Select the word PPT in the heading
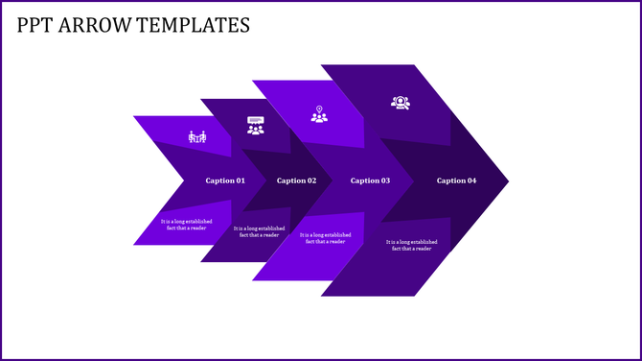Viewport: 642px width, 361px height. point(34,25)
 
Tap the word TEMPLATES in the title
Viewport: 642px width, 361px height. point(193,25)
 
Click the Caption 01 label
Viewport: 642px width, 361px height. point(225,180)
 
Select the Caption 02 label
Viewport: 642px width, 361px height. point(296,180)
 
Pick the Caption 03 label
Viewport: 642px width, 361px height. point(371,180)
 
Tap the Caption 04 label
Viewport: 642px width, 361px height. point(456,180)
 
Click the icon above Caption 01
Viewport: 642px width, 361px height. point(196,137)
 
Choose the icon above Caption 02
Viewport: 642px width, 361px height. point(255,126)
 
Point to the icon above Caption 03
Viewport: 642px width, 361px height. point(319,114)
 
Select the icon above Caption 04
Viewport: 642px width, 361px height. point(400,103)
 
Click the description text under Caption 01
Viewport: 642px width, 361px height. point(185,225)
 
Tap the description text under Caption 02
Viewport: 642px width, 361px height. point(259,231)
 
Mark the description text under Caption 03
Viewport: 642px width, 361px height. point(325,238)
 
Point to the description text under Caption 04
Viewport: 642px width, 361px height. point(410,245)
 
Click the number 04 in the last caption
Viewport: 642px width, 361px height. point(470,180)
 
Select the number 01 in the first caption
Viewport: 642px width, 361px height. point(240,180)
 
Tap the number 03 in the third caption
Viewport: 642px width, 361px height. point(385,180)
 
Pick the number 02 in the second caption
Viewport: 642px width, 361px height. point(310,180)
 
